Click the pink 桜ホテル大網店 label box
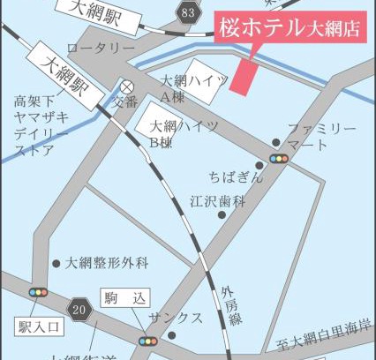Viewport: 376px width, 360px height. click(x=289, y=28)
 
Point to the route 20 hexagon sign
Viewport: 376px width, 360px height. click(x=80, y=309)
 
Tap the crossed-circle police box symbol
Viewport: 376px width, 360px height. click(x=127, y=86)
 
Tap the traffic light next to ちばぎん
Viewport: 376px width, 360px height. click(x=280, y=157)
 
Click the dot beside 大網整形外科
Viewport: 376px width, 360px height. click(x=56, y=262)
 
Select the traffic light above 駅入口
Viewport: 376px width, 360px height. click(x=38, y=293)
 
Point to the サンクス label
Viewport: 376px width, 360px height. click(x=176, y=317)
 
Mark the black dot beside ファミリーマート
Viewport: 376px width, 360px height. click(x=276, y=141)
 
